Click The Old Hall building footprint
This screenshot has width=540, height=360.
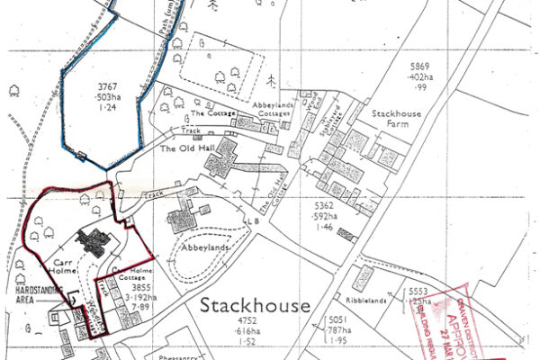click(x=220, y=166)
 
